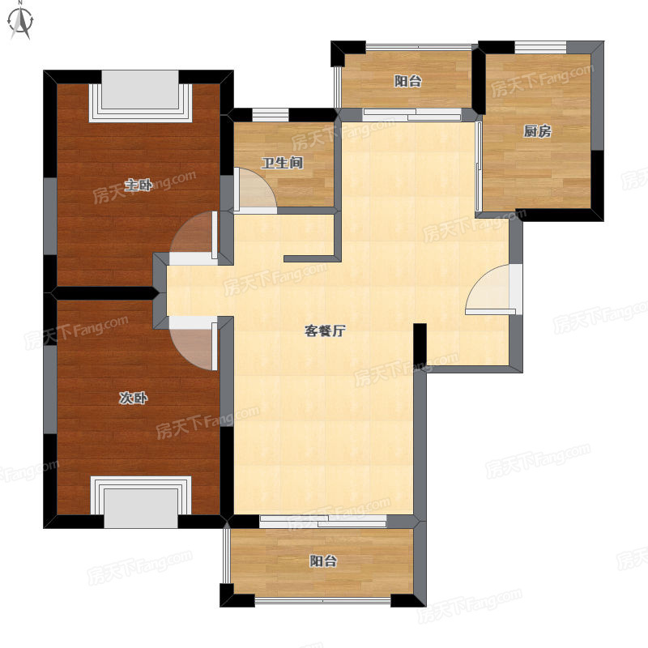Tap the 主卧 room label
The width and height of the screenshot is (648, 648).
[x=139, y=185]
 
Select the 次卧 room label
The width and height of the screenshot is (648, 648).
[x=133, y=398]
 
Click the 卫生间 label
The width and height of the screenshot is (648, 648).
[x=282, y=163]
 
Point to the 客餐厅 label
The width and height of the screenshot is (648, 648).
[x=325, y=330]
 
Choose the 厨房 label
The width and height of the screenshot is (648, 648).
[x=537, y=131]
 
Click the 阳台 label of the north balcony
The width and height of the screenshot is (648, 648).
[x=408, y=81]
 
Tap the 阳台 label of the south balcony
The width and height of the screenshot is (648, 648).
[x=323, y=561]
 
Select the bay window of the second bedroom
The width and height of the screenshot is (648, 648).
[x=141, y=502]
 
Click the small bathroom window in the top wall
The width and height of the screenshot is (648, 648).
[x=271, y=114]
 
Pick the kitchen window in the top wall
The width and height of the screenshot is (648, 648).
[x=540, y=47]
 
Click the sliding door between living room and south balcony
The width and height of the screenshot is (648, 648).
[x=323, y=522]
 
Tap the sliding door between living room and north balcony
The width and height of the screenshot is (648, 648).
[x=412, y=114]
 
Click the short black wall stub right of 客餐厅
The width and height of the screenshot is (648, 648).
[x=420, y=343]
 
